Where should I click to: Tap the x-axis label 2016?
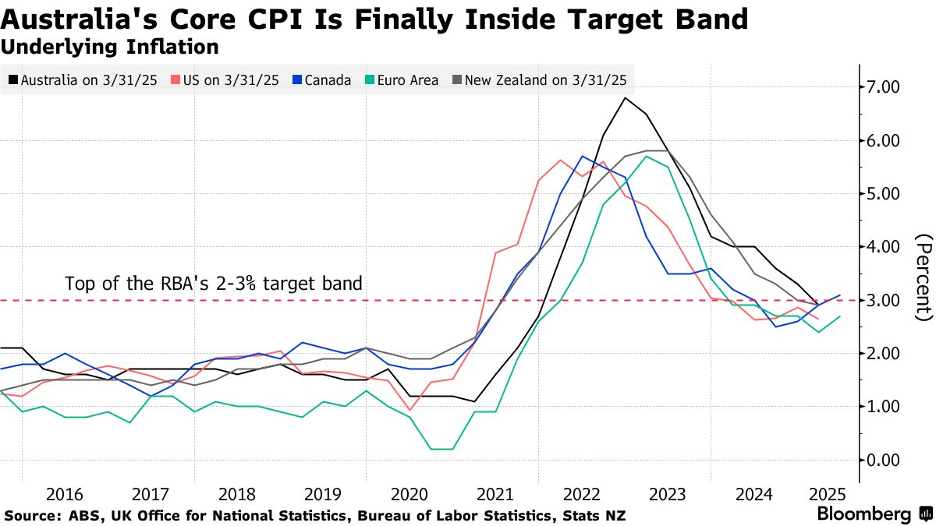point(65,494)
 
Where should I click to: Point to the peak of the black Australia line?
point(625,98)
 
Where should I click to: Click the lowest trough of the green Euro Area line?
point(441,449)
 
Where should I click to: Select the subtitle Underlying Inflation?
point(109,47)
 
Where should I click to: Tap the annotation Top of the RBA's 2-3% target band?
point(214,283)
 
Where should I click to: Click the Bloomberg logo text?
point(863,514)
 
